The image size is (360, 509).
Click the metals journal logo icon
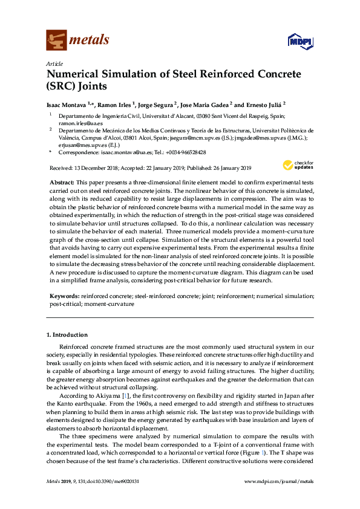click(x=56, y=40)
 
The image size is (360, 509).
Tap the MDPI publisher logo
click(x=299, y=41)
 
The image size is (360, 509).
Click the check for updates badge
click(x=298, y=164)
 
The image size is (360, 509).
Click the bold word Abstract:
click(x=62, y=182)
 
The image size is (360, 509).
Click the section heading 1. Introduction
click(x=67, y=334)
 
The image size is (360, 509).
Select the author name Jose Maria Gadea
click(x=205, y=104)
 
